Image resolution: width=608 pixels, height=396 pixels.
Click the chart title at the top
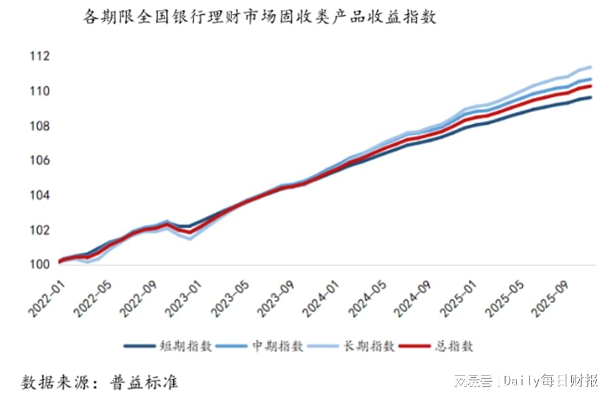260,17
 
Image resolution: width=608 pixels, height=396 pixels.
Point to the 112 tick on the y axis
39,57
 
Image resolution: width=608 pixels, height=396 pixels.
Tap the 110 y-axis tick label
39,92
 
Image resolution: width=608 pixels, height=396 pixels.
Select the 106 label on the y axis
39,161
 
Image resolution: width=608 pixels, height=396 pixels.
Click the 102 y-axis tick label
39,230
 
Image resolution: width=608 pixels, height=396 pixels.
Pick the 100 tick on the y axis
39,264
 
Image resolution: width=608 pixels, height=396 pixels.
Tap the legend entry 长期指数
369,346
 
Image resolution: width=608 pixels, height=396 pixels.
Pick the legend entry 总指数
455,346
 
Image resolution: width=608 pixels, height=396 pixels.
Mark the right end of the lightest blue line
591,67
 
